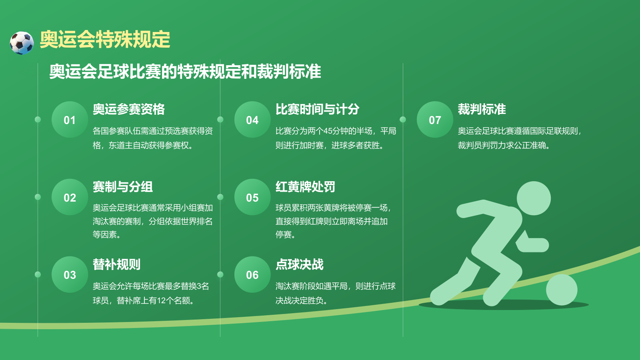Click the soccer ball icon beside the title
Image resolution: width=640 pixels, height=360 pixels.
[x=22, y=43]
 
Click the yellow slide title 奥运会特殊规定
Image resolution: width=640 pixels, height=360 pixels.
[x=105, y=40]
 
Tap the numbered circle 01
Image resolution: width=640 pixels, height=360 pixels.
[x=70, y=120]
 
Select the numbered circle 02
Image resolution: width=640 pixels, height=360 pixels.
[x=70, y=197]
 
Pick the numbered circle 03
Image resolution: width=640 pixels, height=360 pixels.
[x=70, y=275]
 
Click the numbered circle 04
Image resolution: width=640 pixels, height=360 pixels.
[x=252, y=120]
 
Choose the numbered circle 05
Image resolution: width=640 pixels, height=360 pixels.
[x=252, y=197]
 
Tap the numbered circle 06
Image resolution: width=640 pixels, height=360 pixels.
[x=252, y=275]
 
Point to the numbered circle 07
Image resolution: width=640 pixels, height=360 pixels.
[x=435, y=120]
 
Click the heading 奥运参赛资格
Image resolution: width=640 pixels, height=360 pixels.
[x=128, y=109]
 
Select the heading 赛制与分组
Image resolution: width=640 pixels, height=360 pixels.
[x=122, y=187]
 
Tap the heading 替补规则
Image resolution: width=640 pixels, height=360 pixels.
[x=116, y=264]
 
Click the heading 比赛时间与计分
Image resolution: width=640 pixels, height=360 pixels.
[x=317, y=109]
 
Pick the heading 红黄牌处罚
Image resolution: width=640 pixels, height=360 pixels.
[x=305, y=187]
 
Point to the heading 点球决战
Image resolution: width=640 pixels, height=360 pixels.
[x=299, y=264]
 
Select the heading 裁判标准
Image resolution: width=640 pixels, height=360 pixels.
[x=482, y=109]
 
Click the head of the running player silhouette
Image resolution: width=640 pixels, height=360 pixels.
[x=534, y=198]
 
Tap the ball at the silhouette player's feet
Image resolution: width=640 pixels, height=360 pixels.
[x=562, y=290]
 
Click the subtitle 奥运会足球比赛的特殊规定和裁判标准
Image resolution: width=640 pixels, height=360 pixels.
[x=185, y=72]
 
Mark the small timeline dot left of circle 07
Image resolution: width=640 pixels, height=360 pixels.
[x=403, y=120]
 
